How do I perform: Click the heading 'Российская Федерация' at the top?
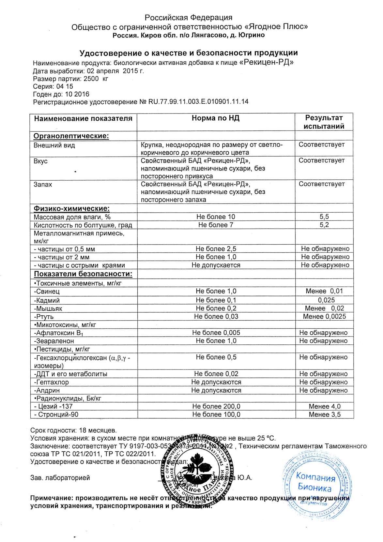point(189,18)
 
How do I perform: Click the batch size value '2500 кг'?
point(96,79)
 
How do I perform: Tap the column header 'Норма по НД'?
point(216,118)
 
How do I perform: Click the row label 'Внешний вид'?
point(54,145)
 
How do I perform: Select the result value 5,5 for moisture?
point(324,217)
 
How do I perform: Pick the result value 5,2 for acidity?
point(324,225)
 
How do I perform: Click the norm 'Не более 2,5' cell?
point(216,249)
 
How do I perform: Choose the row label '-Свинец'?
point(47,292)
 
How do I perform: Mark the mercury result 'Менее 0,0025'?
point(324,316)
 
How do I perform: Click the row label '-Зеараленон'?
point(54,341)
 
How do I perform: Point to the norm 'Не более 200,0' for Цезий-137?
point(216,406)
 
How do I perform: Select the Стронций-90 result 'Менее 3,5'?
point(324,414)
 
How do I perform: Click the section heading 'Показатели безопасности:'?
point(83,274)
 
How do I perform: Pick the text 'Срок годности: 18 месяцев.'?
point(73,430)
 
